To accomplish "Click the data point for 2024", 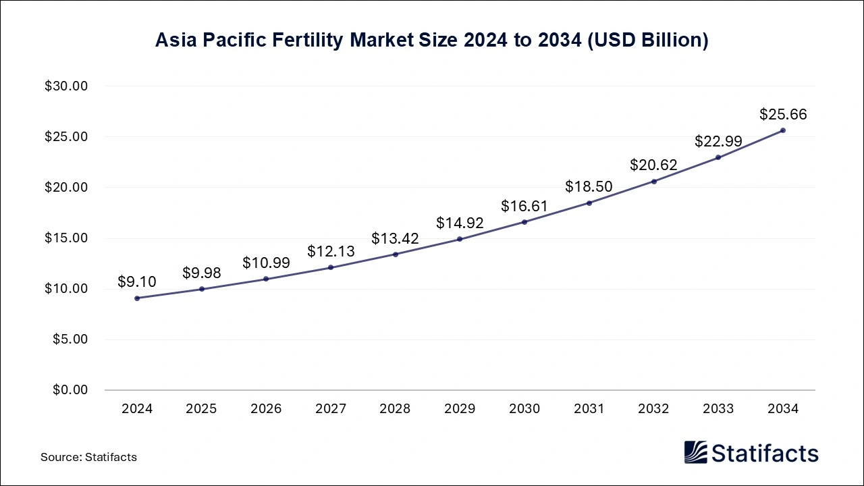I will coord(137,298).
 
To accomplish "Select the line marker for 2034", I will coord(783,130).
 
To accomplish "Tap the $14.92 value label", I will coord(460,223).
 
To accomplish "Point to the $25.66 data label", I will coord(783,114).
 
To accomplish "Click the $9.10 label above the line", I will coord(137,281).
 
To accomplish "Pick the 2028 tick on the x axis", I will coord(395,409).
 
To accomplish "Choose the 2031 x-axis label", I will coord(589,409).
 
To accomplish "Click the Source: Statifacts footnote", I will coord(88,457).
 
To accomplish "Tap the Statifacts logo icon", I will coord(695,452).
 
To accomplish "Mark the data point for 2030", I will coord(524,222).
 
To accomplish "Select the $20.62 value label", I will coord(653,165).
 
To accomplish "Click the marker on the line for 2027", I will coord(331,267).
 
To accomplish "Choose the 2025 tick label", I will coord(201,409).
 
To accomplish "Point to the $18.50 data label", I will coord(589,186).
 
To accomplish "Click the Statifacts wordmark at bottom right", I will coord(765,453).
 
